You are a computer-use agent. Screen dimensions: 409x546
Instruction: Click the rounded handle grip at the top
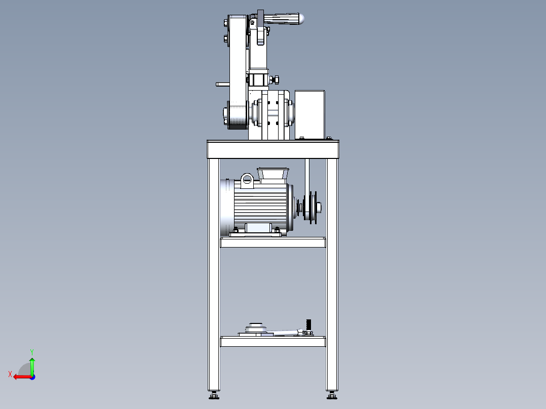284,19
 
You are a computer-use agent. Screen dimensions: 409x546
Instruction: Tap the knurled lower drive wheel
237,115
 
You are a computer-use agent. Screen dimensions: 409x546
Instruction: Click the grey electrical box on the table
309,114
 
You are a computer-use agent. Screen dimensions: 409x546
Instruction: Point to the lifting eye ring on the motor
247,179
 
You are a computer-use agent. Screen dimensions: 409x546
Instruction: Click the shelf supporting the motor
272,242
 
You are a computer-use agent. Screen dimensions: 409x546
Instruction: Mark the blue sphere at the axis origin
32,377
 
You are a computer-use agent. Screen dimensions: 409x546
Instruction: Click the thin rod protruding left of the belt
222,84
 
